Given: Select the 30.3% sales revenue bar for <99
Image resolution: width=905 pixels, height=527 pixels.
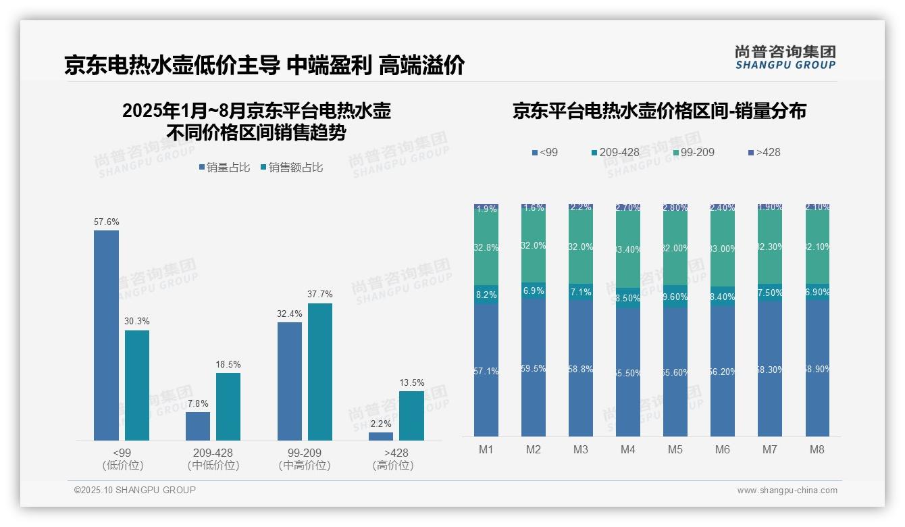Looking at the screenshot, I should coord(137,385).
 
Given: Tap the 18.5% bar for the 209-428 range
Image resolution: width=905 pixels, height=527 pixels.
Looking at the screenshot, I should coord(228,406).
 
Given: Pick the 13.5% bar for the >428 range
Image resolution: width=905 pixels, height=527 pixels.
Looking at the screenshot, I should coord(411,416).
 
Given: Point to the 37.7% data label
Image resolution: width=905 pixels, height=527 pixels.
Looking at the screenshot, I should coord(320,295).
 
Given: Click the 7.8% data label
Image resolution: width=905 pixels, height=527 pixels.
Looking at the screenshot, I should coord(198,403).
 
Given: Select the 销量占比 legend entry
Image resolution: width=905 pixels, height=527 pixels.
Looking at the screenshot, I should coord(224,167).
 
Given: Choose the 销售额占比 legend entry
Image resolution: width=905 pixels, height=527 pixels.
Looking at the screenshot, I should coord(291,167).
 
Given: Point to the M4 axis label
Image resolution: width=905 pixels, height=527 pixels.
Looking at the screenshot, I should coord(628,449).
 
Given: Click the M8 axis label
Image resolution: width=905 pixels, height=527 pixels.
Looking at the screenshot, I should coord(817,449).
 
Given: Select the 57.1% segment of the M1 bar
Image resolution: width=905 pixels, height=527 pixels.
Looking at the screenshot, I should coord(486,370).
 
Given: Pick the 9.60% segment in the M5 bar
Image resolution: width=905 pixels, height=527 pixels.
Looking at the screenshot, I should coord(675,297).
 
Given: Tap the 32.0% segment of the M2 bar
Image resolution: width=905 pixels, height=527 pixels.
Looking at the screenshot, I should coord(534,246).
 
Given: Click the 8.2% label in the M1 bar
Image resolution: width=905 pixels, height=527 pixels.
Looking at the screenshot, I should coord(486,295).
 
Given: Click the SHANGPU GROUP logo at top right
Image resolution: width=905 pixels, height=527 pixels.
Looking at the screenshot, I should coord(785,57).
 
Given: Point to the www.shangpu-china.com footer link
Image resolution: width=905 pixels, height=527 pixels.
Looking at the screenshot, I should coord(787,491).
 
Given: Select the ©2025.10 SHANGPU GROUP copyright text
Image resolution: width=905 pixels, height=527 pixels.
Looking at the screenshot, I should coord(135,490).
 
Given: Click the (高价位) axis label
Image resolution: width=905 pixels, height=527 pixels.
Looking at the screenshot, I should coord(392,466).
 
